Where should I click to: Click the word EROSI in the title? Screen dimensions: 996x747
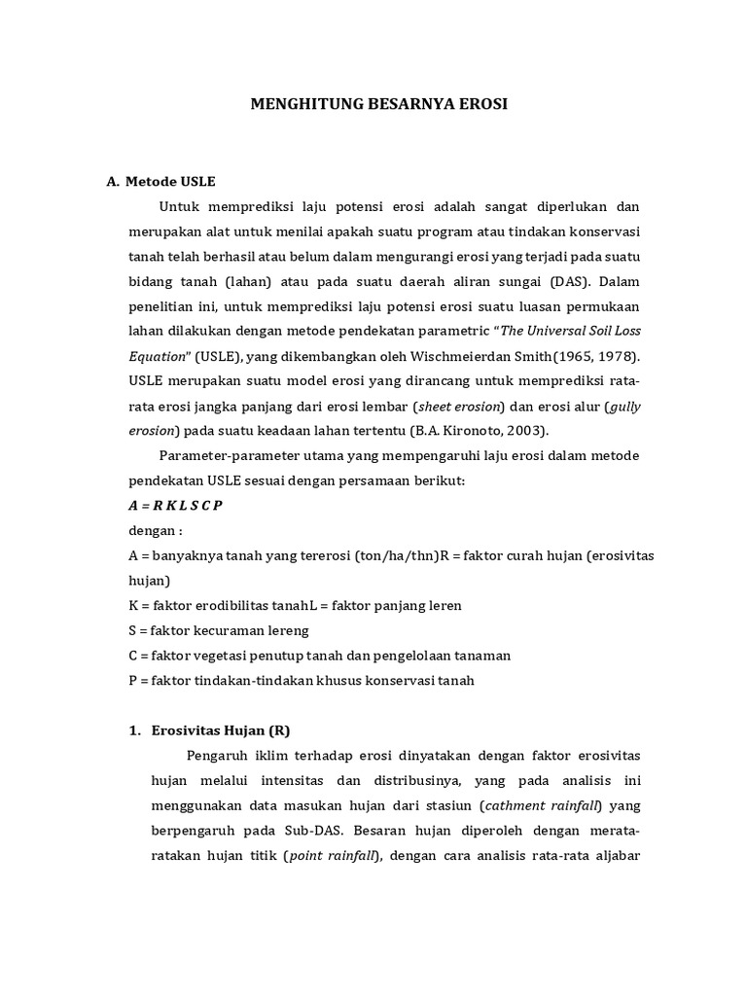click(482, 103)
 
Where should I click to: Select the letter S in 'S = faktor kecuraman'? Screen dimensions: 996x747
click(133, 631)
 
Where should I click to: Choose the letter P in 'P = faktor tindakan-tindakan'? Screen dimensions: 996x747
click(133, 681)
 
